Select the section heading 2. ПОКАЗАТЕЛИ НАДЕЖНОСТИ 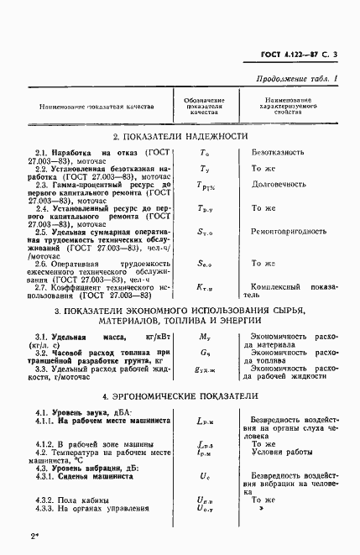(x=180, y=136)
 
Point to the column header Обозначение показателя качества (x=202, y=107)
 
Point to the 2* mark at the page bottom (x=32, y=534)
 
